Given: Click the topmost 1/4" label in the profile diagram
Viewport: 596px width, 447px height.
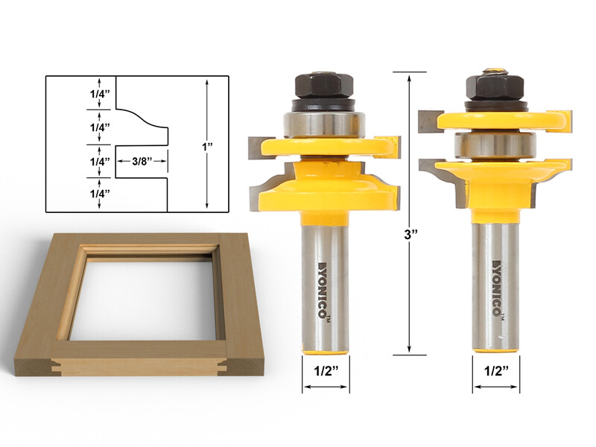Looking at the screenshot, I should (x=98, y=94).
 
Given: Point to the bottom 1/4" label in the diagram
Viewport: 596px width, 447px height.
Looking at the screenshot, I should (x=98, y=194).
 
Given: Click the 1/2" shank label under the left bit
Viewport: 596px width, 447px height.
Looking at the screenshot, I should (x=325, y=370).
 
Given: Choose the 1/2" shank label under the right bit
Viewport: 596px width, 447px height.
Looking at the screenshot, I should (x=495, y=370).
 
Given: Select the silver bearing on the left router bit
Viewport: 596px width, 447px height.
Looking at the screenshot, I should (x=323, y=123).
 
